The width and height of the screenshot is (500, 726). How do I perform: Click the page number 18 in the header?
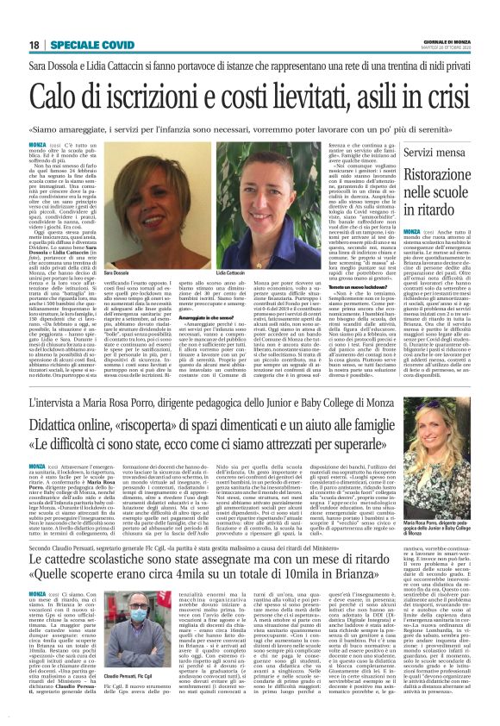coord(34,44)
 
